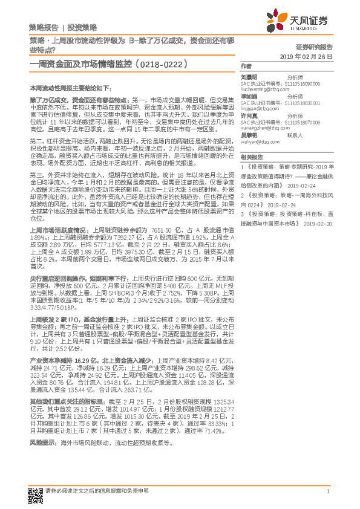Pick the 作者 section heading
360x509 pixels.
point(246,65)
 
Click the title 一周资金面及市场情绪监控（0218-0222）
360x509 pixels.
point(108,62)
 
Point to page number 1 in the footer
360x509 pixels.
point(327,491)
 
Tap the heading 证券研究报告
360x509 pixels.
point(314,46)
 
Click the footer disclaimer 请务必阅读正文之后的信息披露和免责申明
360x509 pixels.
point(97,491)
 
